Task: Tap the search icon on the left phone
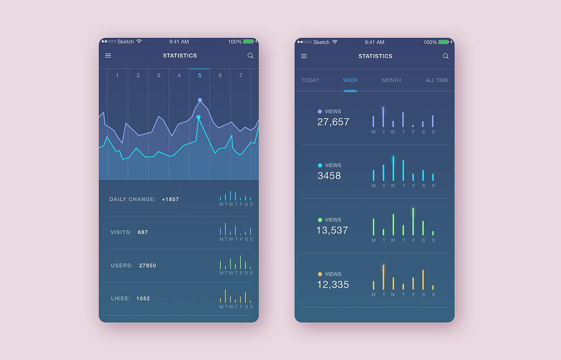coord(250,56)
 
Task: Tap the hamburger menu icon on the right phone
coord(304,56)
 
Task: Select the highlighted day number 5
coord(199,75)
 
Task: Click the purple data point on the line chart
coord(200,100)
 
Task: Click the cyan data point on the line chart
coord(199,117)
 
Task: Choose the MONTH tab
coord(391,80)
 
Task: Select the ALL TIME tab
coord(437,80)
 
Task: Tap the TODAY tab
coord(310,80)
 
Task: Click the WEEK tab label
coord(350,80)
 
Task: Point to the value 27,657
coord(333,122)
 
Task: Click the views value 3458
coord(329,176)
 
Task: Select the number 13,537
coord(332,230)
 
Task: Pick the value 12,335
coord(333,285)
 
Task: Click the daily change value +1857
coord(170,199)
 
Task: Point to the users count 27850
coord(148,265)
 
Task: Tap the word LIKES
coord(121,299)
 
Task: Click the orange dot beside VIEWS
coord(320,274)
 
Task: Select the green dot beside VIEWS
coord(320,220)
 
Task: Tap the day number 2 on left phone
coord(138,75)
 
